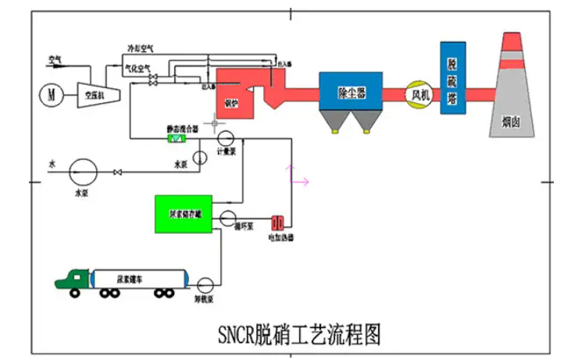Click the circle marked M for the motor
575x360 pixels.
tap(52, 94)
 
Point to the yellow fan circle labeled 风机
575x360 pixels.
tap(419, 94)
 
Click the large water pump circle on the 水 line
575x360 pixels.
tap(82, 168)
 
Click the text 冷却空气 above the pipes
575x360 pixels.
tap(141, 48)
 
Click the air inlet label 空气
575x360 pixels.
tap(55, 59)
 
